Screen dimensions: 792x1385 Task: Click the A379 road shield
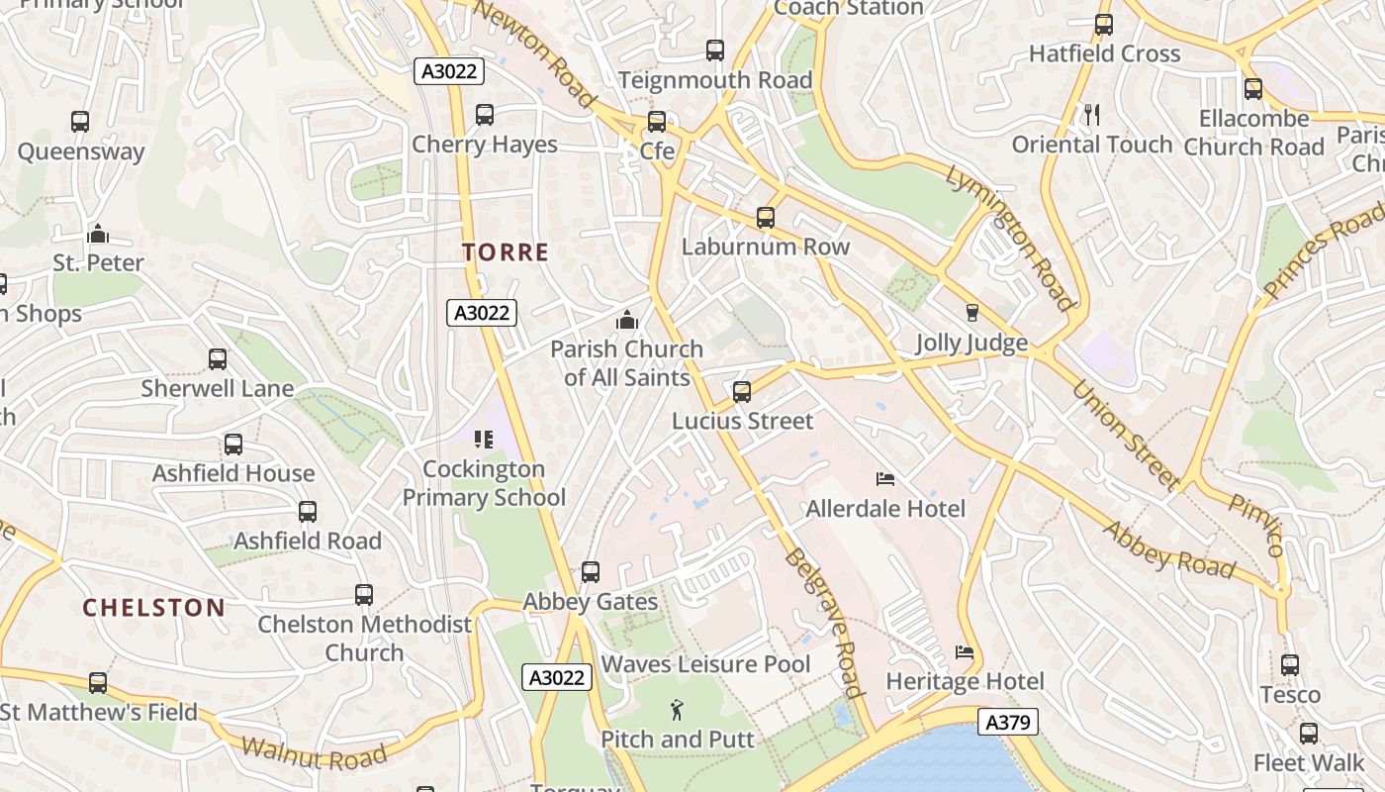[x=1008, y=722]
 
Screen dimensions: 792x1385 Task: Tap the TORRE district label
[x=505, y=251]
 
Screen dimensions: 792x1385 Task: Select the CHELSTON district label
[x=153, y=607]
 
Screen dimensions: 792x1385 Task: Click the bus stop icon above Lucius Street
[x=742, y=391]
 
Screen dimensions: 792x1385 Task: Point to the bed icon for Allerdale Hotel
[x=885, y=479]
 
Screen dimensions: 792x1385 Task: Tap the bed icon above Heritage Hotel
[x=965, y=652]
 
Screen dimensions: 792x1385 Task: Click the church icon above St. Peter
[x=98, y=234]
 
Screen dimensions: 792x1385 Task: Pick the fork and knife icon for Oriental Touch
[x=1091, y=115]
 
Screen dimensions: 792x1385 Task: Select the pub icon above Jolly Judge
[x=971, y=313]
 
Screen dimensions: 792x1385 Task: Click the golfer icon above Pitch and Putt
[x=677, y=710]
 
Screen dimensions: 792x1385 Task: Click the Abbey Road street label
[x=1169, y=549]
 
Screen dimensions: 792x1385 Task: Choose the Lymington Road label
[x=1009, y=238]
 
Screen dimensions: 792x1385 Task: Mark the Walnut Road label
[x=314, y=753]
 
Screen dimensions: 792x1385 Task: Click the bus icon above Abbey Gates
[x=591, y=571]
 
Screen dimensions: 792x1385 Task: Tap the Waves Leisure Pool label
[x=706, y=663]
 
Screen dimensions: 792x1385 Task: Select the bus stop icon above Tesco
[x=1289, y=665]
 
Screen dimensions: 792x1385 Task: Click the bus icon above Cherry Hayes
[x=484, y=115]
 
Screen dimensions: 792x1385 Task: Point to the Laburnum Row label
[x=766, y=247]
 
